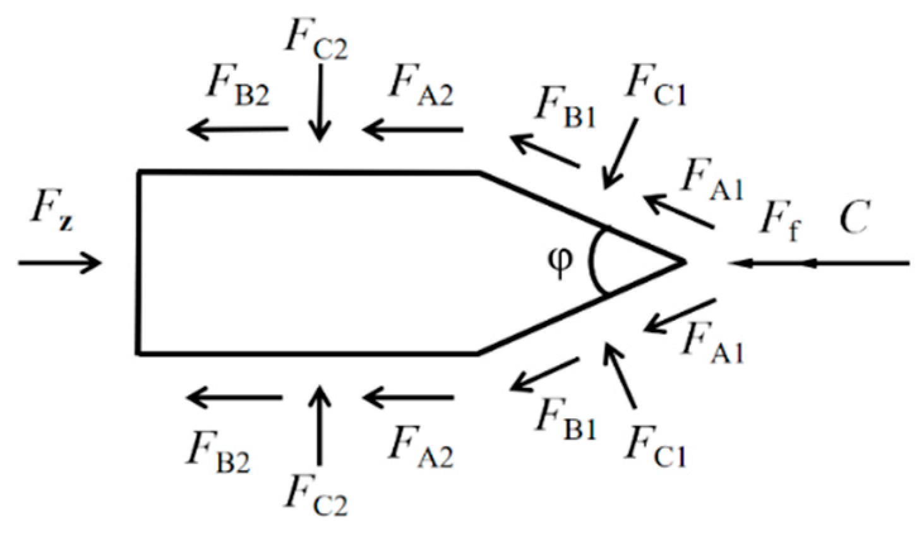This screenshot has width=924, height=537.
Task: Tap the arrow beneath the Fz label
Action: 59,262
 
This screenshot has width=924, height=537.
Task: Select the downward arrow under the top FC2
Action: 320,101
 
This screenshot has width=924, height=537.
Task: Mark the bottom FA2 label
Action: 421,445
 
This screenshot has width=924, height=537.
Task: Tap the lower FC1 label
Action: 655,445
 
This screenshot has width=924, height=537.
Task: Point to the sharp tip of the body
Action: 685,261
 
